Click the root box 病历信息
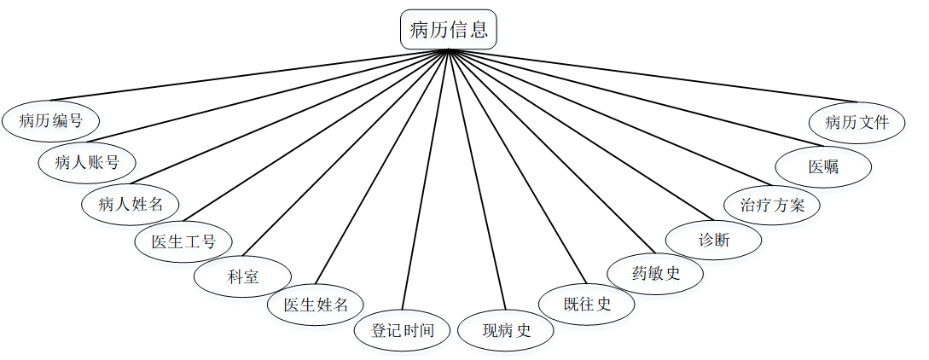pyautogui.click(x=448, y=30)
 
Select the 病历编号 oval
pyautogui.click(x=50, y=120)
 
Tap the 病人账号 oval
pyautogui.click(x=86, y=162)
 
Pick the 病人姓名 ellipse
pyautogui.click(x=130, y=203)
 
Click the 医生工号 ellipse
pyautogui.click(x=183, y=241)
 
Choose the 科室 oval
pyautogui.click(x=243, y=276)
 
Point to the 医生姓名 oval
pyautogui.click(x=316, y=305)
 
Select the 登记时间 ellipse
pyautogui.click(x=403, y=329)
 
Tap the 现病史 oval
pyautogui.click(x=506, y=330)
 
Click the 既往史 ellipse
pyautogui.click(x=587, y=303)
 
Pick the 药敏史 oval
pyautogui.click(x=655, y=273)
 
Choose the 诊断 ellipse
pyautogui.click(x=714, y=240)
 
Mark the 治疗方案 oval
pyautogui.click(x=771, y=205)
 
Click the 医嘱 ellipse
pyautogui.click(x=823, y=166)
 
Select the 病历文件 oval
pyautogui.click(x=856, y=122)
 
